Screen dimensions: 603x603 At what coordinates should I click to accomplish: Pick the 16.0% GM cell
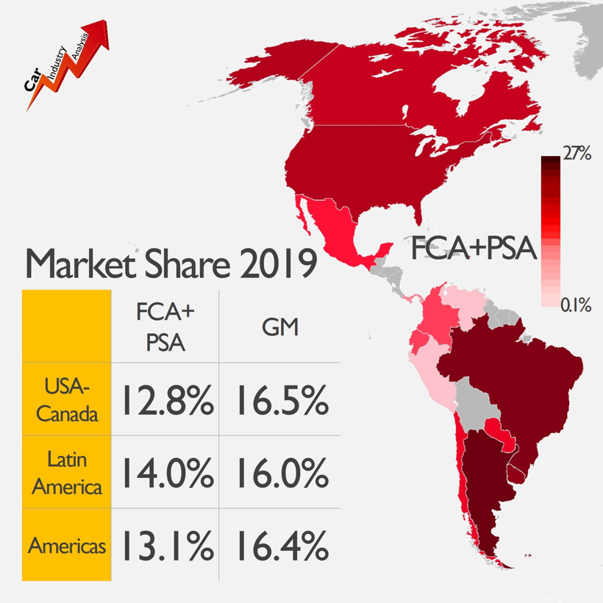pyautogui.click(x=282, y=474)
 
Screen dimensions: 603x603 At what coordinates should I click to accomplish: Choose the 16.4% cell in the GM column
pyautogui.click(x=282, y=546)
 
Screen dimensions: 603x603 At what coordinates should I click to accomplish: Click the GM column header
pyautogui.click(x=281, y=327)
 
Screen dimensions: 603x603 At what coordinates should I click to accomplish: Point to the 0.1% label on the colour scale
pyautogui.click(x=576, y=304)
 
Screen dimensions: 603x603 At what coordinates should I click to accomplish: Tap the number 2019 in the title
pyautogui.click(x=277, y=263)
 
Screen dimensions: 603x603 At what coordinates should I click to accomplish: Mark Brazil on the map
pyautogui.click(x=515, y=382)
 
